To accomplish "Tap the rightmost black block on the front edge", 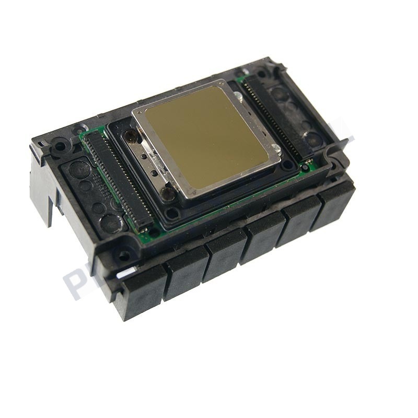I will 334,204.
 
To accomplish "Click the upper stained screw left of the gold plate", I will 130,137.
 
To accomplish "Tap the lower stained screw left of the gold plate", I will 167,194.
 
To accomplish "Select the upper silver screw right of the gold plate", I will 238,96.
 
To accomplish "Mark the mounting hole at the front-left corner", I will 124,256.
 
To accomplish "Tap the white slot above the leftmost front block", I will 125,273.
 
